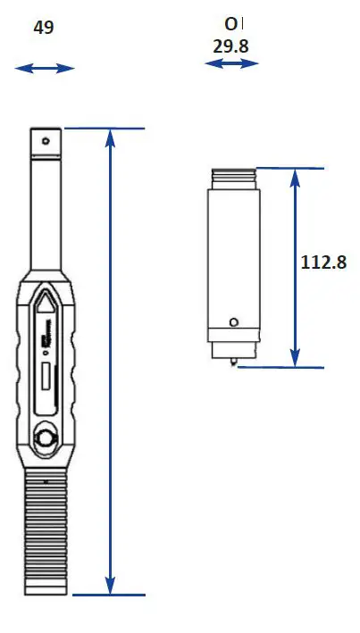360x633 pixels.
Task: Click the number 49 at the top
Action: [44, 28]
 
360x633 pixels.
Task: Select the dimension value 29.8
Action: [231, 46]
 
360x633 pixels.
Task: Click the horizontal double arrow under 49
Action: [45, 68]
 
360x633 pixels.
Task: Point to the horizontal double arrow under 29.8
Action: [231, 63]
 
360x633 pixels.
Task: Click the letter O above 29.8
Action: [232, 23]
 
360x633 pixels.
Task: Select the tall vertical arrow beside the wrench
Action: [110, 361]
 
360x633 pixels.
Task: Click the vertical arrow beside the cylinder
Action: [294, 267]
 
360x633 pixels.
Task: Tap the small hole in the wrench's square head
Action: [46, 140]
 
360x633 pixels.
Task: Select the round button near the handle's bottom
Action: [45, 438]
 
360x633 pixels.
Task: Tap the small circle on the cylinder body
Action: [234, 322]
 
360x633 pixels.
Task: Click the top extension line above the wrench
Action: [103, 129]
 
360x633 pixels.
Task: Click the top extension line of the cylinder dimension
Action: [288, 168]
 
